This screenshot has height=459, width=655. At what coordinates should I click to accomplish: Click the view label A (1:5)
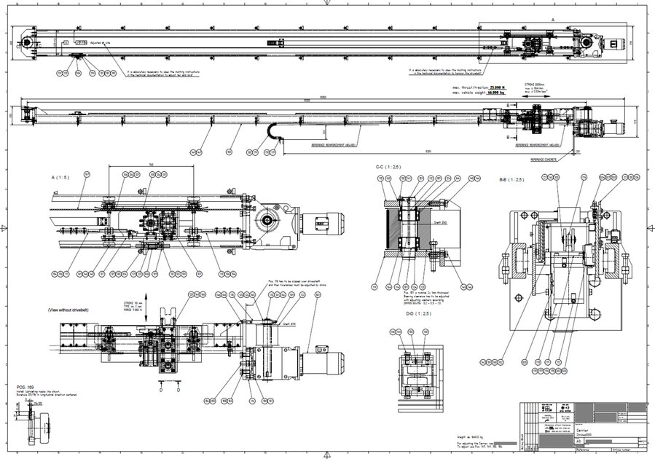(x=60, y=177)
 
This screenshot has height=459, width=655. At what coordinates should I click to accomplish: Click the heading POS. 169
(x=26, y=386)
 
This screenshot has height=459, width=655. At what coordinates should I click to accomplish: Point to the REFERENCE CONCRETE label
(x=546, y=159)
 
